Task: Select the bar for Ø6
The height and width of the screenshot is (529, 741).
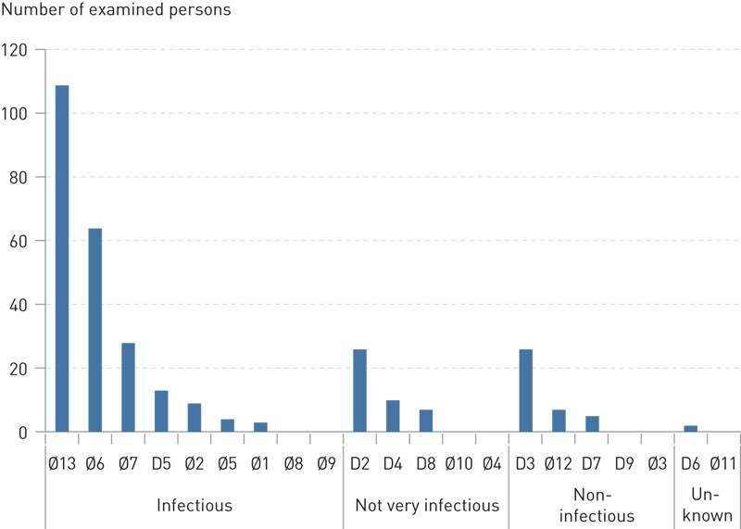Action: click(x=94, y=330)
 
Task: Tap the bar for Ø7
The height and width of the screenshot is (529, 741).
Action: click(x=128, y=387)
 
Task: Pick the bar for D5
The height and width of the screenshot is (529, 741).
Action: click(x=161, y=411)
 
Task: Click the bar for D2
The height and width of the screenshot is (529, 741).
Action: click(x=359, y=390)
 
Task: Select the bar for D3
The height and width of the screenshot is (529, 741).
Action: click(x=525, y=390)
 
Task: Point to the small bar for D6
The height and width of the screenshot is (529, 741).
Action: click(x=691, y=428)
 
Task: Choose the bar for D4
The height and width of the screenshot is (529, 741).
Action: click(x=393, y=416)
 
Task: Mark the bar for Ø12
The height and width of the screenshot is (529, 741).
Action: click(x=559, y=421)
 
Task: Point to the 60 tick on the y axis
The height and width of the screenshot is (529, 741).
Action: click(x=20, y=241)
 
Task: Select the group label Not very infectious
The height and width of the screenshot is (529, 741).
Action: click(x=426, y=506)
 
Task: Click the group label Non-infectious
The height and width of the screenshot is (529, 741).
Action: click(x=592, y=507)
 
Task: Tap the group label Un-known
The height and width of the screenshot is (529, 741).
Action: click(x=709, y=507)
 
